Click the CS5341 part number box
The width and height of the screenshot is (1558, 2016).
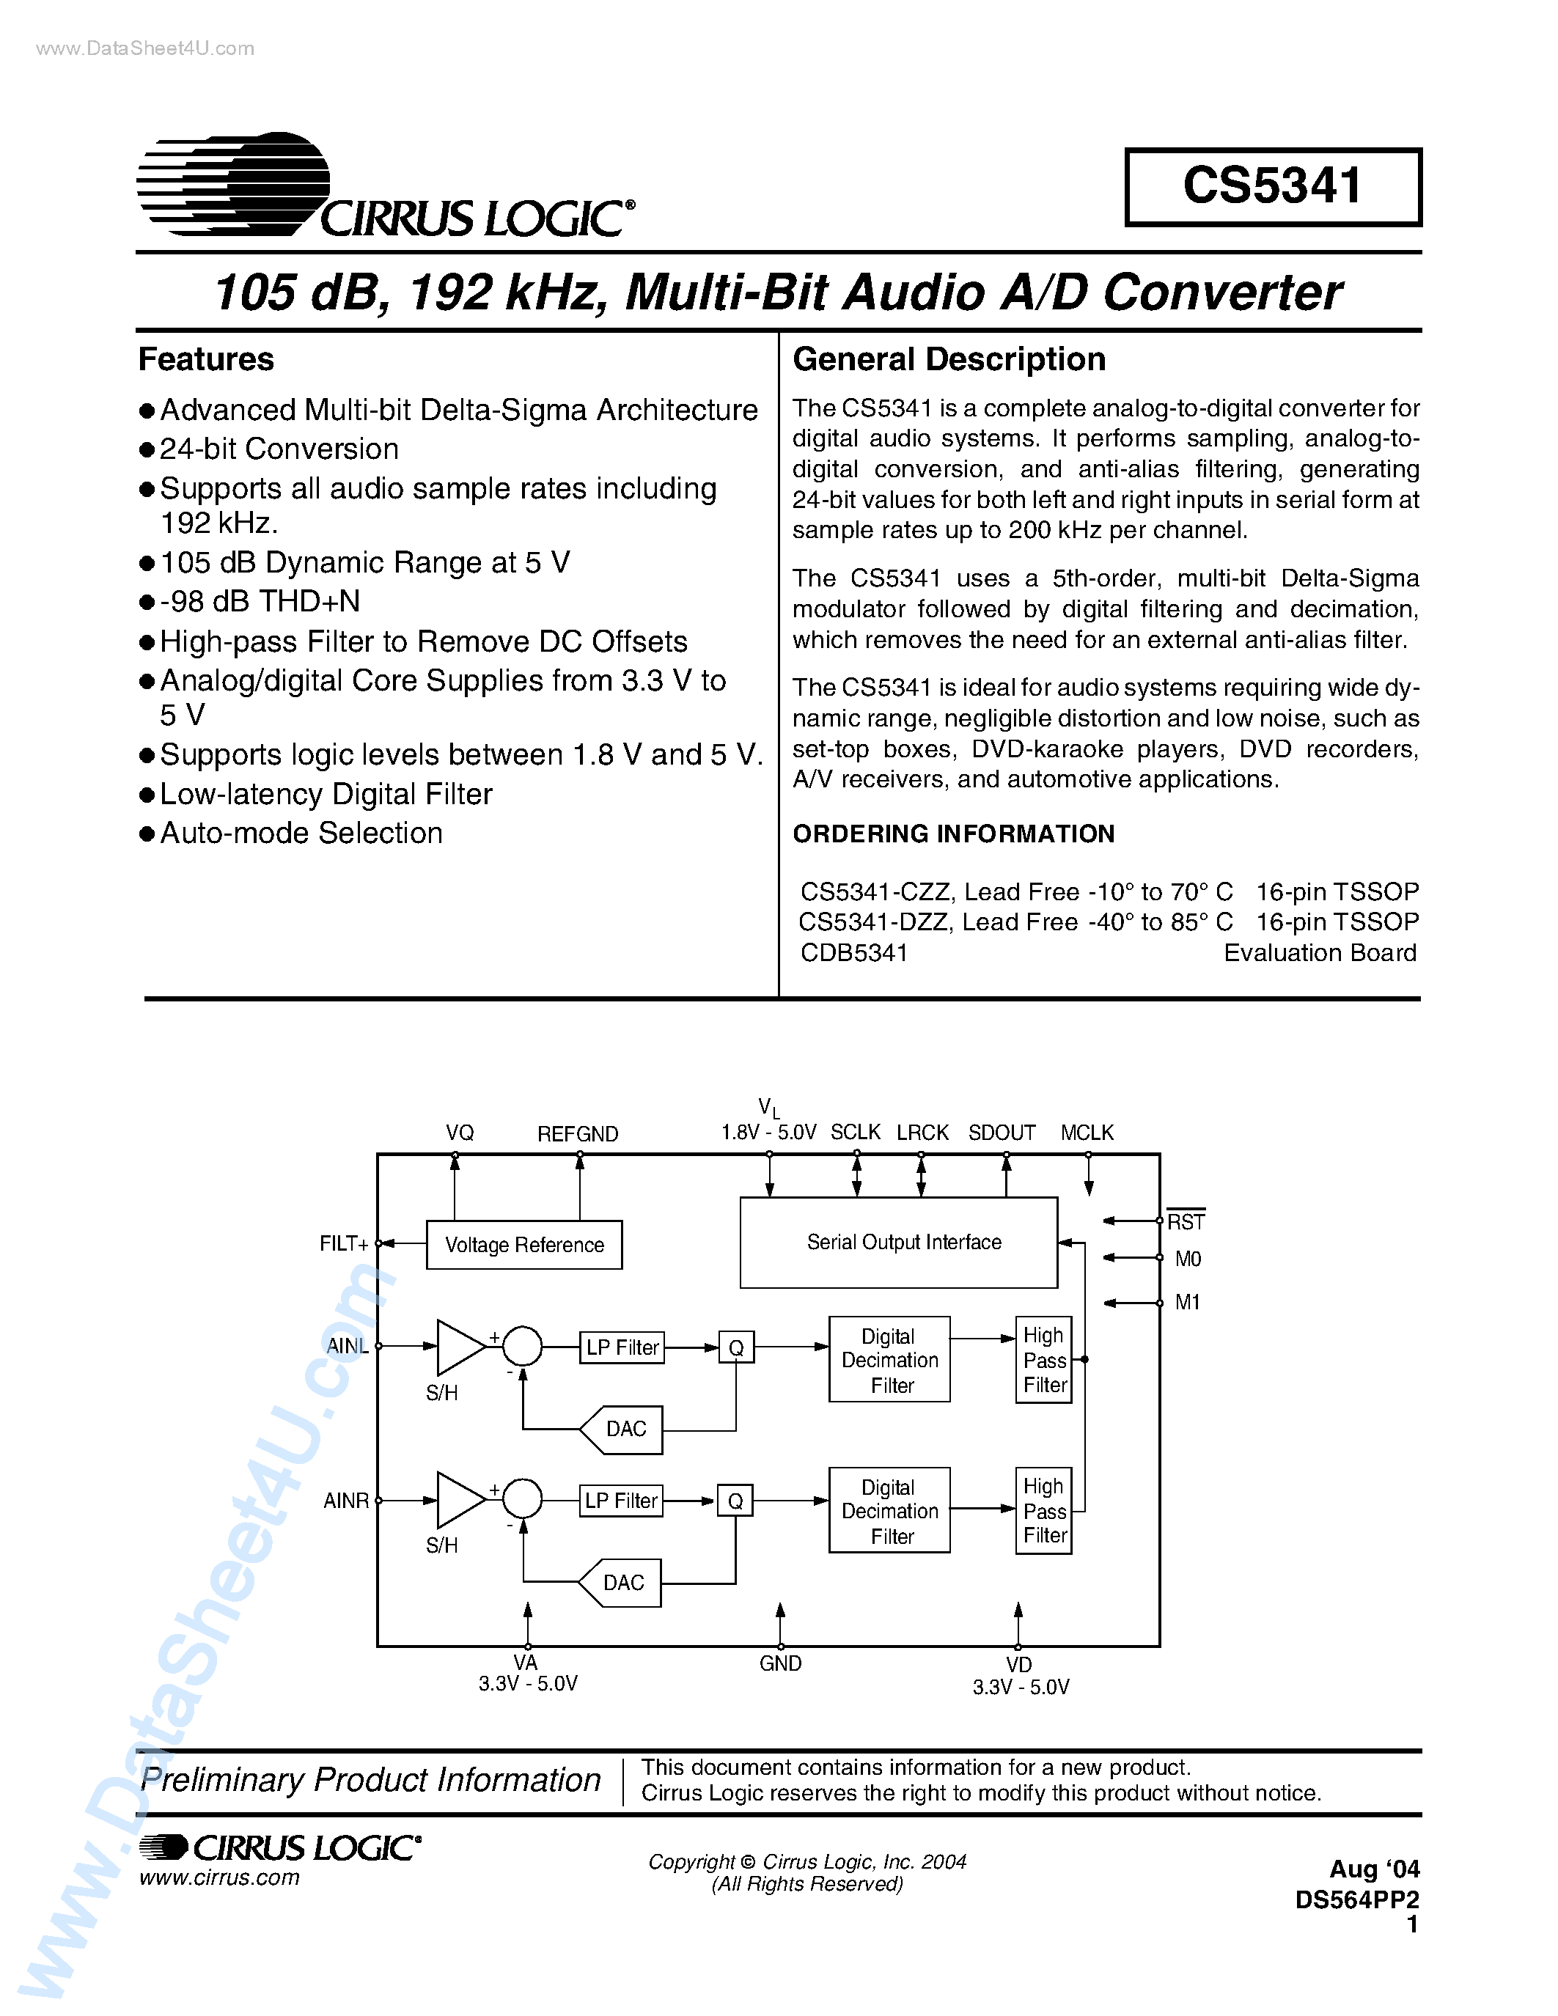[x=1272, y=186]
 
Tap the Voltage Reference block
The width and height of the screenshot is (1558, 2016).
[x=523, y=1244]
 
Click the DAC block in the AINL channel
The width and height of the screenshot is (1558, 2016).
[x=623, y=1429]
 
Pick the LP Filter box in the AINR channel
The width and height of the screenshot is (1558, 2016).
[x=621, y=1500]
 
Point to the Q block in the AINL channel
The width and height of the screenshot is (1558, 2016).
[x=735, y=1347]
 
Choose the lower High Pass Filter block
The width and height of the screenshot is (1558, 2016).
[x=1044, y=1510]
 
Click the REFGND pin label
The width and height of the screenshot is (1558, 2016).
[x=578, y=1133]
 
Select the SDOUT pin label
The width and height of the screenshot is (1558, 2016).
[x=1002, y=1133]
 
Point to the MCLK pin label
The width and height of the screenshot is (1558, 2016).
[x=1087, y=1133]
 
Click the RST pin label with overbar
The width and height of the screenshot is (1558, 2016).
[x=1186, y=1221]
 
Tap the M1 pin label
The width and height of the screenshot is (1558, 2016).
[x=1187, y=1303]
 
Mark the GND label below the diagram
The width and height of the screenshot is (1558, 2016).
[x=780, y=1663]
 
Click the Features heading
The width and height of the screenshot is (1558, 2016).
[x=206, y=359]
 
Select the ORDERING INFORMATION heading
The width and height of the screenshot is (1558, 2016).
[x=953, y=834]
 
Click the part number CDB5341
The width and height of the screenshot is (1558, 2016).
[x=853, y=952]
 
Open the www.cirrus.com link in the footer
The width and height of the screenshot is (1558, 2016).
[x=220, y=1877]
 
